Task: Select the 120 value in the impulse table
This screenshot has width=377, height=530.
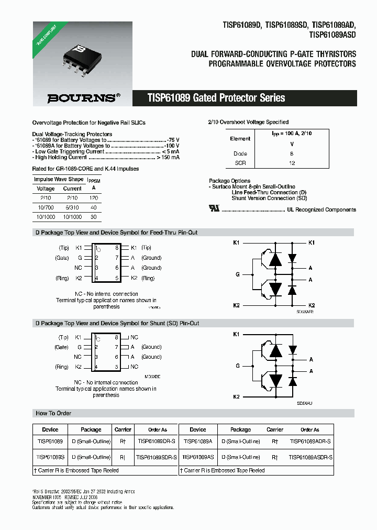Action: pyautogui.click(x=94, y=198)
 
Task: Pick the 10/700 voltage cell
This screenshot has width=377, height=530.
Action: pyautogui.click(x=46, y=207)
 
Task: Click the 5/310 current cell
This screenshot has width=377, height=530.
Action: pyautogui.click(x=72, y=207)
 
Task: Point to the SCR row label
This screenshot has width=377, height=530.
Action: pyautogui.click(x=240, y=163)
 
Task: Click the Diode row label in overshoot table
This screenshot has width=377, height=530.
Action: pyautogui.click(x=240, y=153)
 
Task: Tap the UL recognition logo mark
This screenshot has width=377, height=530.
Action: pyautogui.click(x=214, y=208)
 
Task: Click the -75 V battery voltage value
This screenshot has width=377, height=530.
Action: pyautogui.click(x=173, y=140)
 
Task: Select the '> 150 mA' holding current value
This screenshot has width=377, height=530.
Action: pyautogui.click(x=168, y=157)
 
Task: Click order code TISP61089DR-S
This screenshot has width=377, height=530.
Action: pyautogui.click(x=157, y=441)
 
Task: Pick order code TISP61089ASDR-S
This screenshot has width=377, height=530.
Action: pyautogui.click(x=311, y=457)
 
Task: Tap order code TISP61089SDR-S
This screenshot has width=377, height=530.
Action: pyautogui.click(x=157, y=457)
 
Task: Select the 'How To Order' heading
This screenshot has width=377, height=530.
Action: pyautogui.click(x=53, y=413)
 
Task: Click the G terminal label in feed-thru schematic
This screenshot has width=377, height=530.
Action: pyautogui.click(x=237, y=274)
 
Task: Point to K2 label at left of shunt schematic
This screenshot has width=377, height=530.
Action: pyautogui.click(x=236, y=396)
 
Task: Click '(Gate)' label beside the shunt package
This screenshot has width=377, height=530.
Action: pyautogui.click(x=62, y=347)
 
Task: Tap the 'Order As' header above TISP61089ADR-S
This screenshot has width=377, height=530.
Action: pyautogui.click(x=310, y=429)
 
